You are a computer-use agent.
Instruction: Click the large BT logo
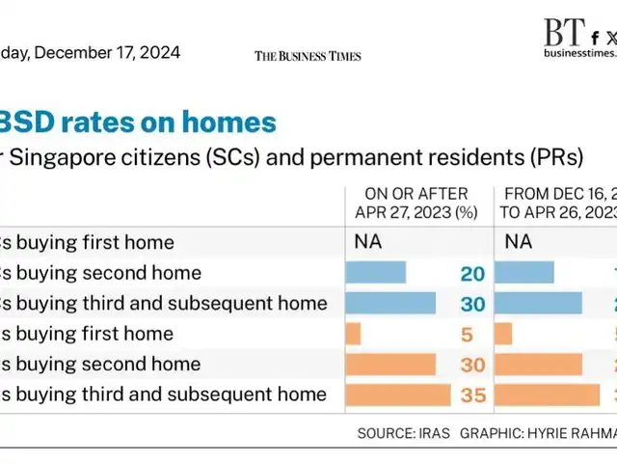[x=562, y=33]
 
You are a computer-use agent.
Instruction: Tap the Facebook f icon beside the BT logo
[x=595, y=38]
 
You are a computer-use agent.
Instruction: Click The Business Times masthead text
[x=308, y=56]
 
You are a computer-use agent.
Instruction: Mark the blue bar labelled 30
[x=390, y=304]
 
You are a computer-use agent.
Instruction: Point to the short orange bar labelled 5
[x=353, y=334]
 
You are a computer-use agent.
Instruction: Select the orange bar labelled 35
[x=398, y=395]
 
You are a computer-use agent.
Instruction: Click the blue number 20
[x=472, y=274]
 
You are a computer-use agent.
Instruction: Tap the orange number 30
[x=472, y=365]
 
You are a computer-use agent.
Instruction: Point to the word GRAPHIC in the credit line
[x=493, y=433]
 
